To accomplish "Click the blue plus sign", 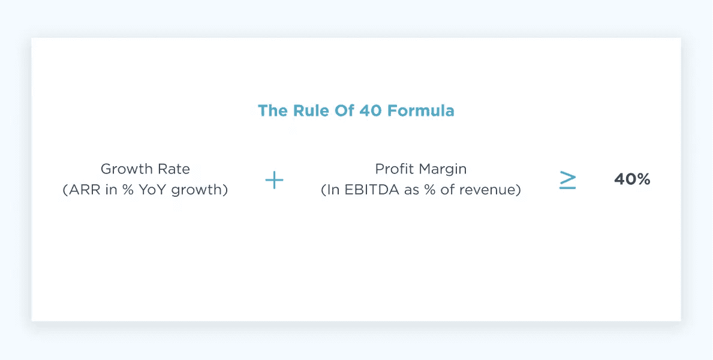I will click(274, 180).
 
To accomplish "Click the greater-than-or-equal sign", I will click(567, 180).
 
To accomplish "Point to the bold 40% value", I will click(632, 179).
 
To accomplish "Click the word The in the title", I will click(270, 111).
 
